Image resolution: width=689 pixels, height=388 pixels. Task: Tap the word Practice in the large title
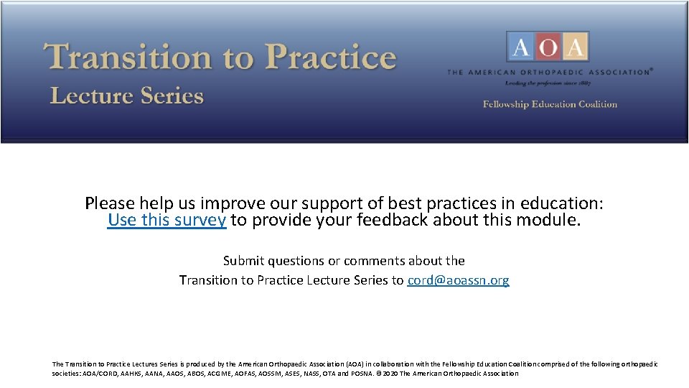[x=331, y=57]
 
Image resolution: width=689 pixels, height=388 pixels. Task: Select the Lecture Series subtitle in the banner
[x=127, y=96]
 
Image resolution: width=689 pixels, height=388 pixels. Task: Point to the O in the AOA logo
[x=548, y=47]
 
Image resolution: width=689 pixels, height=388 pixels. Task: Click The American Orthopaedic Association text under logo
[x=549, y=72]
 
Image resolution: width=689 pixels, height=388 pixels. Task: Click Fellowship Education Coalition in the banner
[x=550, y=104]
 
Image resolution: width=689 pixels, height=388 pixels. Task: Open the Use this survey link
[x=167, y=220]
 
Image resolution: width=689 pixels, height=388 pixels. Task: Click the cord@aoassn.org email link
[x=458, y=280]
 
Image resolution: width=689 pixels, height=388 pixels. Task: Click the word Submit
[x=244, y=261]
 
